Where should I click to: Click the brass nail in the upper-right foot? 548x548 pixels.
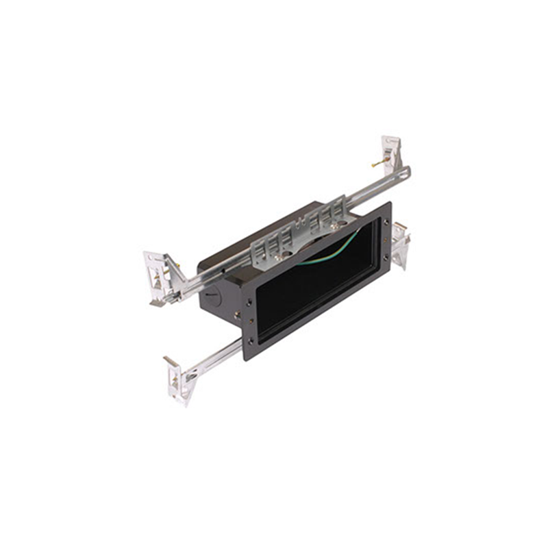377,164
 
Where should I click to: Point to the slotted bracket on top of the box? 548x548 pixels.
301,229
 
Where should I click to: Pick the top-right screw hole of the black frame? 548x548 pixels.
386,221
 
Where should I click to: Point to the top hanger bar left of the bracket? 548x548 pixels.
219,267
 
